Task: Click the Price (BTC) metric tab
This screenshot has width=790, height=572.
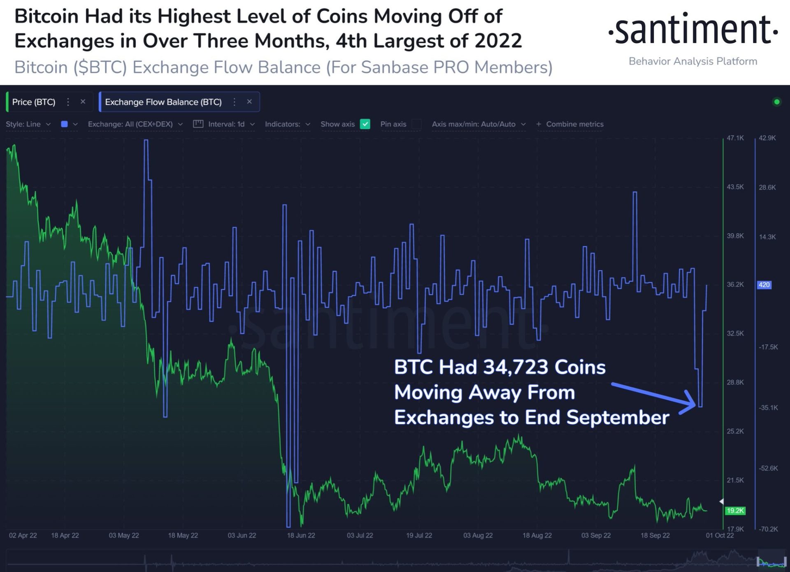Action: [34, 102]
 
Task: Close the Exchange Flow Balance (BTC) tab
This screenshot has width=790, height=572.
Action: [249, 102]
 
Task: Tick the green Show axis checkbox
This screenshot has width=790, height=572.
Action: [365, 124]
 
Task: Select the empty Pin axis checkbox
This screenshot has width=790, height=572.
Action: [416, 124]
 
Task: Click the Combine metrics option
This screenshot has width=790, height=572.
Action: [570, 124]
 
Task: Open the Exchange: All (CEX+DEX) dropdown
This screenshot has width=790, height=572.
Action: [135, 124]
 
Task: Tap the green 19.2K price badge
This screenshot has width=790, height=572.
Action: [735, 511]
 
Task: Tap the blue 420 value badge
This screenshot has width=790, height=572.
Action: [764, 285]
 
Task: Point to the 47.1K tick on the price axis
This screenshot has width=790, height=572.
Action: [735, 138]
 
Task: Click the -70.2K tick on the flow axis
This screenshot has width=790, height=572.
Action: [768, 529]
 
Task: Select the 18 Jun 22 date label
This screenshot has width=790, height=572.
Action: [301, 535]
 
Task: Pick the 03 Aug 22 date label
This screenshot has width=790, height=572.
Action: [478, 535]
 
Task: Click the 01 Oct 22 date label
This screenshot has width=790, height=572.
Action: [720, 535]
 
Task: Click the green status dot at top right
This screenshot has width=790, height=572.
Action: [777, 102]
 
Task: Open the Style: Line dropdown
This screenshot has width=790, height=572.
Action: [28, 124]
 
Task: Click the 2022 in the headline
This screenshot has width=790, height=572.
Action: [498, 41]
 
